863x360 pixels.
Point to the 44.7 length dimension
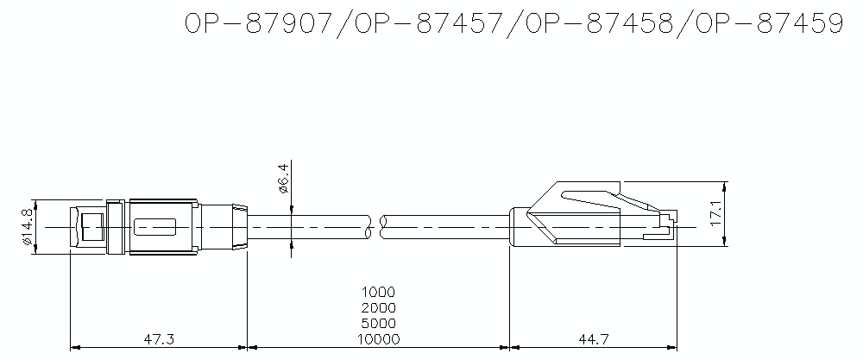click(591, 338)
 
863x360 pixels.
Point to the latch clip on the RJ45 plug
click(591, 195)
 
